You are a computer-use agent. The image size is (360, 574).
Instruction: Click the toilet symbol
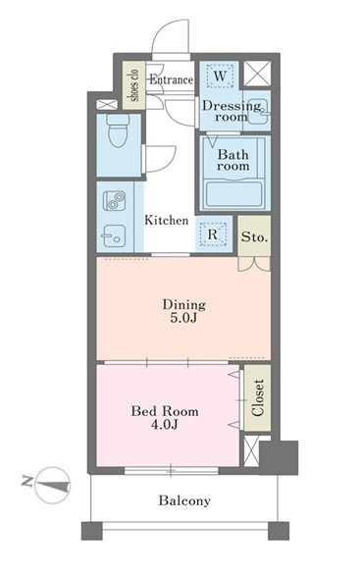[118, 130]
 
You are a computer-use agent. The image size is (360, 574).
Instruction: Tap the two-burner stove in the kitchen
[114, 200]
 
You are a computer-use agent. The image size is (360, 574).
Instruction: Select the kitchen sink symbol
[114, 235]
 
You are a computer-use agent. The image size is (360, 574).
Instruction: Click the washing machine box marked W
[220, 77]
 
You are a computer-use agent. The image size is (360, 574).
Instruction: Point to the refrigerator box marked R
[213, 235]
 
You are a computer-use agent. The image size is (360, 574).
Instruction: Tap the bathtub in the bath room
[233, 194]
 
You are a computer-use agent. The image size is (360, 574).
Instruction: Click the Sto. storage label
[255, 237]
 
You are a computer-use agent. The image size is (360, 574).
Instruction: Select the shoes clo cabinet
[134, 85]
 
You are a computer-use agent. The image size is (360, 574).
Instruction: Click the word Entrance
[172, 79]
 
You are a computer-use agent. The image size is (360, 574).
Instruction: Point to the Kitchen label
[167, 221]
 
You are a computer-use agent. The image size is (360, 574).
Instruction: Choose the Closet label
[258, 398]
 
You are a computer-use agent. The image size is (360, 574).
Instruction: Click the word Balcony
[184, 500]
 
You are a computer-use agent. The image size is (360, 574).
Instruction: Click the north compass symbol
[53, 485]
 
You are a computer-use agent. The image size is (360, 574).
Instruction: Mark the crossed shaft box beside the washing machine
[258, 74]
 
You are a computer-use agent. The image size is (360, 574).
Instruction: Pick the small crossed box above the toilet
[107, 104]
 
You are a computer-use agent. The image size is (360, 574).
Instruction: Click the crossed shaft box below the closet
[252, 450]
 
